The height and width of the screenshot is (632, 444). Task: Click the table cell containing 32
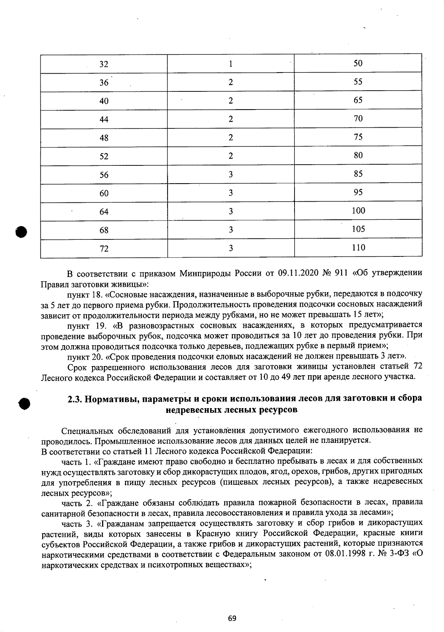point(104,64)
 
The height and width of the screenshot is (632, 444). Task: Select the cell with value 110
point(358,248)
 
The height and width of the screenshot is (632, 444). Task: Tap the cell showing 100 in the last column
point(358,211)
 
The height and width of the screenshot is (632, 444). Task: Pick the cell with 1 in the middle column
point(231,64)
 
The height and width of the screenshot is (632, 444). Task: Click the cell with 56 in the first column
point(104,175)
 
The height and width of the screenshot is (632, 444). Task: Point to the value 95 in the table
point(358,192)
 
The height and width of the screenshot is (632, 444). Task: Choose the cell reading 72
point(104,249)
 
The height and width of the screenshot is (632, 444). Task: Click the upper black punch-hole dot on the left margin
point(21,232)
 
